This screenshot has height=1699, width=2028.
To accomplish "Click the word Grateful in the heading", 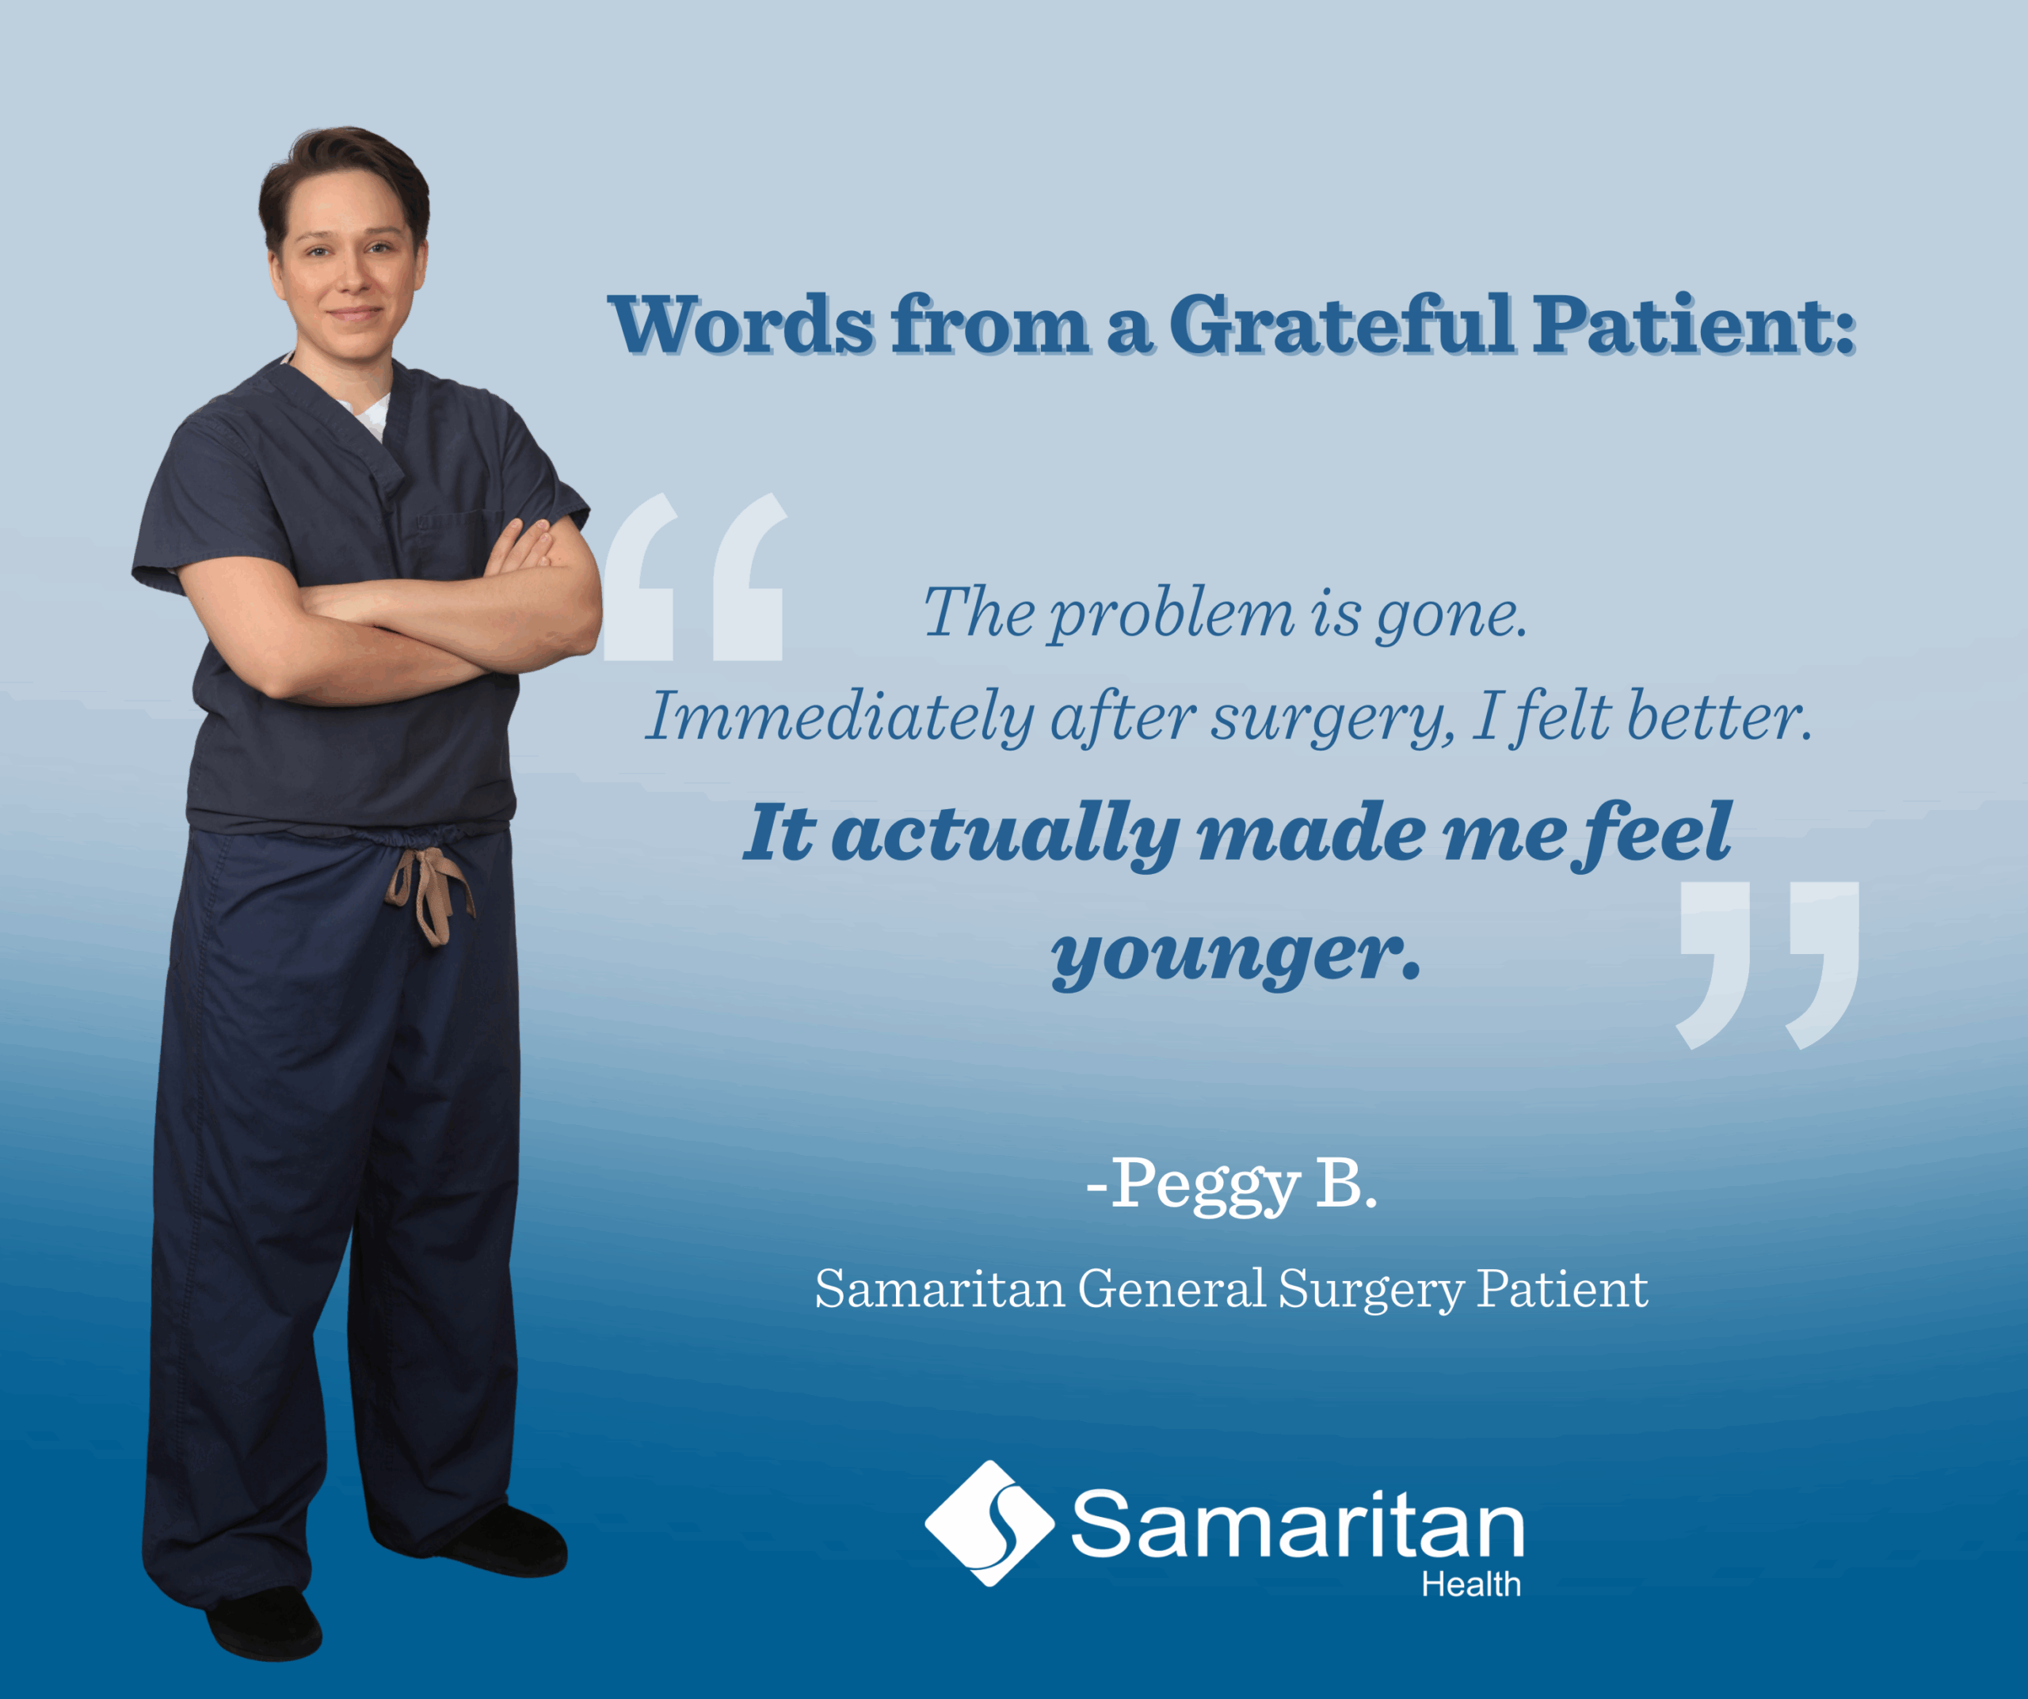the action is click(x=1341, y=325).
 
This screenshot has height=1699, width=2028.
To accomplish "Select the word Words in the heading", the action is click(x=741, y=326).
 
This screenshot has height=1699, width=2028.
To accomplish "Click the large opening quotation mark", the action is click(x=694, y=577).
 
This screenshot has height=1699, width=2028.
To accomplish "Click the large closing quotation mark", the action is click(x=1767, y=964).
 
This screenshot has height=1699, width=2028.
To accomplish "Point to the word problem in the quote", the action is click(x=1172, y=616).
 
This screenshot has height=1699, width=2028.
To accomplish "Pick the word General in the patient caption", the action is click(x=1172, y=1289).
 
